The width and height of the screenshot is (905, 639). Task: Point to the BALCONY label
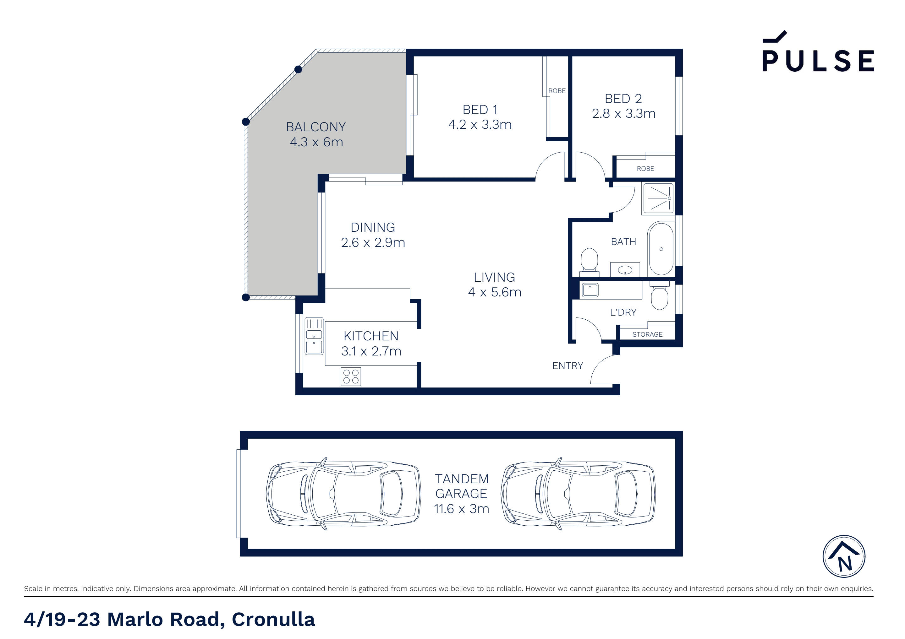tap(316, 127)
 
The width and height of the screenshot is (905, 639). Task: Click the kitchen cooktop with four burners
tap(350, 376)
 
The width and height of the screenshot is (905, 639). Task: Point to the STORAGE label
tap(647, 334)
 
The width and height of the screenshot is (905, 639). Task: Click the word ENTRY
tap(567, 366)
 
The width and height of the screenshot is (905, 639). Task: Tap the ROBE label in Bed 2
tap(645, 169)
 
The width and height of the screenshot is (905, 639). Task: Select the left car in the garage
tap(343, 494)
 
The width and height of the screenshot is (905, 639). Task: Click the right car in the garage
tap(578, 494)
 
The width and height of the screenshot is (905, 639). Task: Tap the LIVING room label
tap(494, 277)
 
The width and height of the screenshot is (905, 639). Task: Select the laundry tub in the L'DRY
tap(590, 290)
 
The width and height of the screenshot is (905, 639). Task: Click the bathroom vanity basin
tap(625, 270)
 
